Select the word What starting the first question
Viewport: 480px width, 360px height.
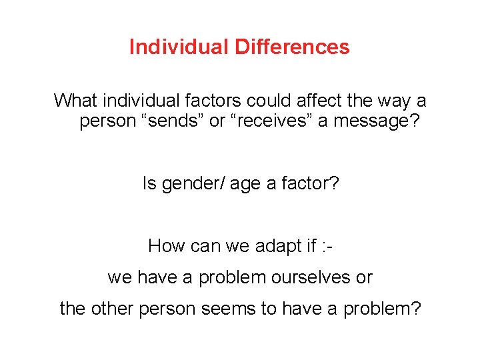75,101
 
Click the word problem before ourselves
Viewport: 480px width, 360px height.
227,278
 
